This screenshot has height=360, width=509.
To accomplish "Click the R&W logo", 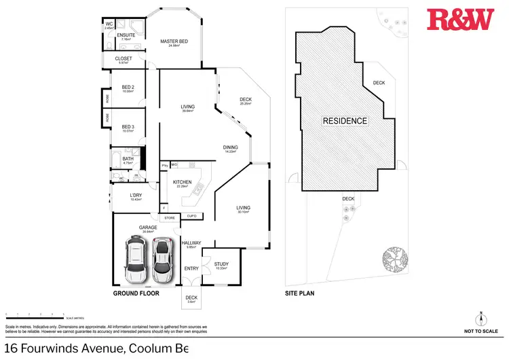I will pyautogui.click(x=460, y=21).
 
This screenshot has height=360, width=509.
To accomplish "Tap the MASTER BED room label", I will pyautogui.click(x=174, y=42).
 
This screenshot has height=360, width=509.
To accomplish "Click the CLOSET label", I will pyautogui.click(x=124, y=59).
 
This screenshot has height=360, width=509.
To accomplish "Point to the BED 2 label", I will pyautogui.click(x=128, y=87).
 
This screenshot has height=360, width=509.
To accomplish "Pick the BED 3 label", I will pyautogui.click(x=128, y=127).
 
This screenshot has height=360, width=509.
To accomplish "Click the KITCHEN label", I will pyautogui.click(x=182, y=183).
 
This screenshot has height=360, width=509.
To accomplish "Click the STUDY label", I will pyautogui.click(x=221, y=264).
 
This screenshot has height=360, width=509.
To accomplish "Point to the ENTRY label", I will pyautogui.click(x=191, y=268).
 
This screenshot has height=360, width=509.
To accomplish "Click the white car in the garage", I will pyautogui.click(x=136, y=261).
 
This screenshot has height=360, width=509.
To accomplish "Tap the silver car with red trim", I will pyautogui.click(x=162, y=261).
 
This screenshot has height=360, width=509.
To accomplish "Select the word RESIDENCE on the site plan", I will pyautogui.click(x=345, y=121).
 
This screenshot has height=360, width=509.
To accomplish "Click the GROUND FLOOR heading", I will pyautogui.click(x=136, y=294).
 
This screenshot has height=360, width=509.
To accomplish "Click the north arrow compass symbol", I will pyautogui.click(x=480, y=319).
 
